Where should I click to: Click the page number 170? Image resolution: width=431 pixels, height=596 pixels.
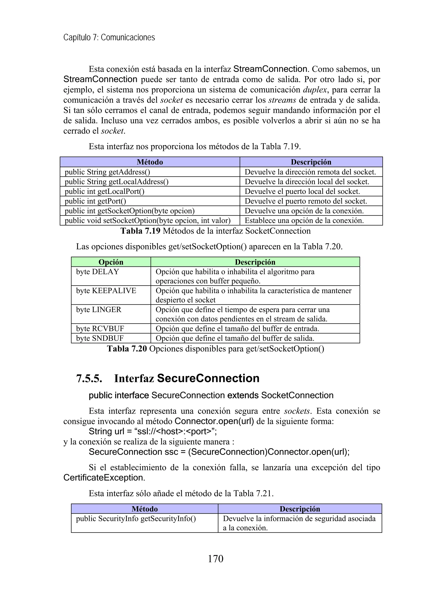click(x=215, y=559)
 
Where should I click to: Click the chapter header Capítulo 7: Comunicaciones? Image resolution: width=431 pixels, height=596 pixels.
click(x=109, y=37)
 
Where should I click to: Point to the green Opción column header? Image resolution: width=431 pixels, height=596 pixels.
click(x=111, y=262)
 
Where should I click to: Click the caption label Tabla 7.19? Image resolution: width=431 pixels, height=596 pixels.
click(x=140, y=231)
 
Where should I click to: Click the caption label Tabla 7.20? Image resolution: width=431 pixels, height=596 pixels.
click(x=127, y=349)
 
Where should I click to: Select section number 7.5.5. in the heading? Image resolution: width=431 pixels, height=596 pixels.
click(x=89, y=378)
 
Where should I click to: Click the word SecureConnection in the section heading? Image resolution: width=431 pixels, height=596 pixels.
click(x=208, y=378)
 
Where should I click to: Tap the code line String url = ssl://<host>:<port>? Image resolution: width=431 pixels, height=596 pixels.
click(x=153, y=432)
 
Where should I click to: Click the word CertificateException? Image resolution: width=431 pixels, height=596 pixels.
click(x=104, y=477)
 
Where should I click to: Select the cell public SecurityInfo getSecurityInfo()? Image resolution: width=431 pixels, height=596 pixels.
click(x=136, y=518)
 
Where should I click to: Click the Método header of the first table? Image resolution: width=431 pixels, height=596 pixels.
click(x=150, y=162)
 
